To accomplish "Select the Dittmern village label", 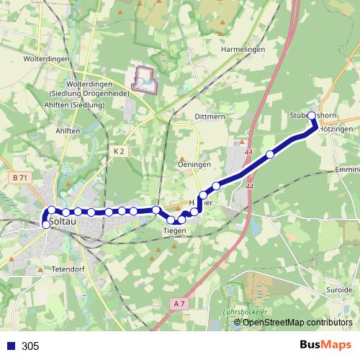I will pos(210,117).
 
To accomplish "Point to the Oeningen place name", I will pos(194,164).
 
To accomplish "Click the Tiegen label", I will pos(175,230).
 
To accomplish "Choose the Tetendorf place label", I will pos(69,269).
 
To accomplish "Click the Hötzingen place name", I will pos(336,129).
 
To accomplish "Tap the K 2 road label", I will pos(119,151).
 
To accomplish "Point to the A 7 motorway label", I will pos(179,305).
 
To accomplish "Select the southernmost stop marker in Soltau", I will pos(46,225).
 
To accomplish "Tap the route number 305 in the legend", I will pos(30,346).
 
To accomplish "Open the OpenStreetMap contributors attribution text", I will pos(297,322).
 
